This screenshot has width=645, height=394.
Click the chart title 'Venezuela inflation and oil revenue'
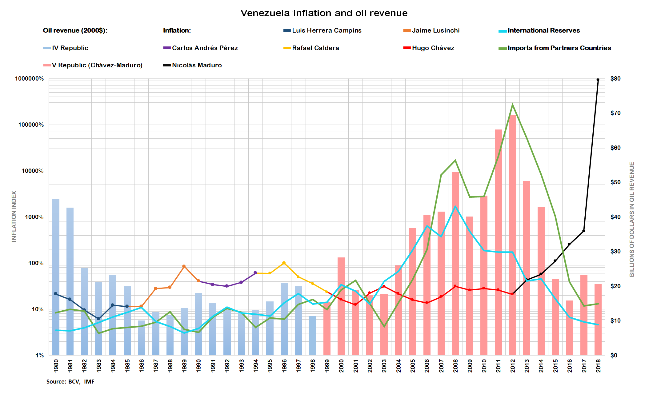pyautogui.click(x=324, y=13)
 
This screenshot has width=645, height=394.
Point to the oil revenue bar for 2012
pyautogui.click(x=512, y=234)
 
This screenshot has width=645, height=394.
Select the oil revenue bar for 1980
pyautogui.click(x=56, y=277)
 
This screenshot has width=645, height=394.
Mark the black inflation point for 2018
pyautogui.click(x=598, y=80)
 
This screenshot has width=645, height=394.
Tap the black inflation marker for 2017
pyautogui.click(x=583, y=231)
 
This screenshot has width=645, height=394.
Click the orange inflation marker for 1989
pyautogui.click(x=184, y=266)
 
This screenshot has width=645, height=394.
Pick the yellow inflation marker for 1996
pyautogui.click(x=284, y=263)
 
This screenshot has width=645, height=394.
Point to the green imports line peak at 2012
pyautogui.click(x=512, y=105)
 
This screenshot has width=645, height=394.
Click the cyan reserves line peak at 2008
pyautogui.click(x=455, y=207)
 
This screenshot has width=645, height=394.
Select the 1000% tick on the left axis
pyautogui.click(x=34, y=217)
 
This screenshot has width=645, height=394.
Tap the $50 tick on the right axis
pyautogui.click(x=615, y=182)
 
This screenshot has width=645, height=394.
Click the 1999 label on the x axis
pyautogui.click(x=327, y=366)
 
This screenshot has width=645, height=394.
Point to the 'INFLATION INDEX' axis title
pyautogui.click(x=14, y=217)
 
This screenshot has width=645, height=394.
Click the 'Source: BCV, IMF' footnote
pyautogui.click(x=70, y=382)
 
